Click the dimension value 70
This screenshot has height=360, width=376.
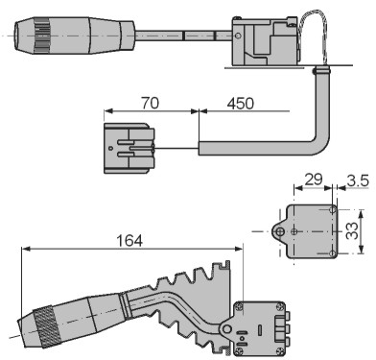pyautogui.click(x=150, y=103)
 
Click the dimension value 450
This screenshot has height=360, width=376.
pyautogui.click(x=241, y=103)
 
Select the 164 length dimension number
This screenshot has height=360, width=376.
pyautogui.click(x=129, y=241)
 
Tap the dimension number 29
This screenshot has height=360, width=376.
pyautogui.click(x=314, y=180)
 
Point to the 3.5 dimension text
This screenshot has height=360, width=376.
pyautogui.click(x=358, y=180)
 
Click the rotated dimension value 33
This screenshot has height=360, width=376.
pyautogui.click(x=352, y=231)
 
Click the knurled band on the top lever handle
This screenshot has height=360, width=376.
pyautogui.click(x=41, y=36)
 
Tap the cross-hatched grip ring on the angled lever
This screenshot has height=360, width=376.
pyautogui.click(x=47, y=326)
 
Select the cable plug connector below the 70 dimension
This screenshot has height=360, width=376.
pyautogui.click(x=129, y=148)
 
